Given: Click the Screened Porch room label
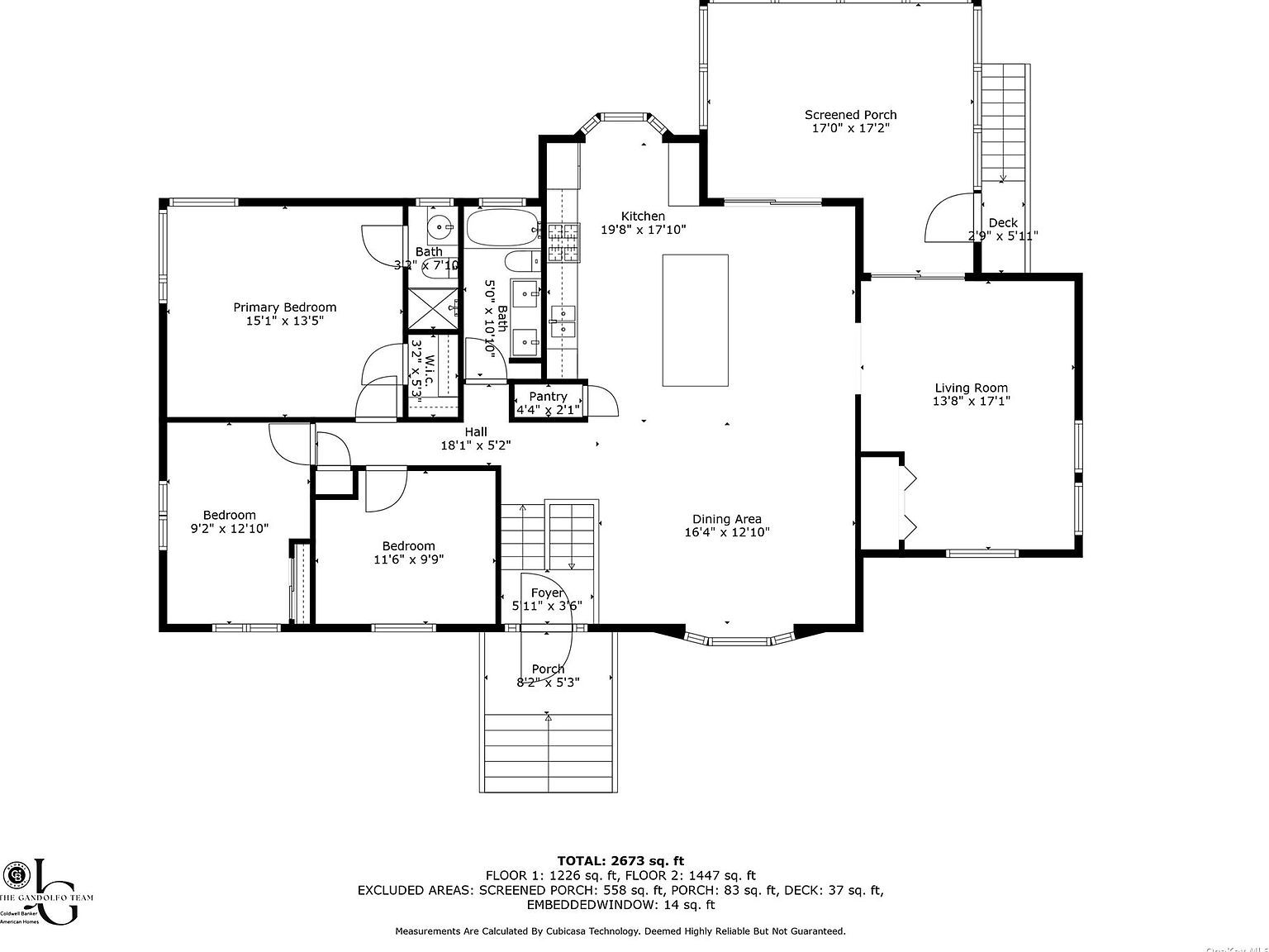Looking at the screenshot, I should pyautogui.click(x=850, y=115).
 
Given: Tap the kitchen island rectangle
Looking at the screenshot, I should pyautogui.click(x=695, y=320).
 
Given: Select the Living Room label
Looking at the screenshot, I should pyautogui.click(x=971, y=388).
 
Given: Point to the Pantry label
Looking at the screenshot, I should pyautogui.click(x=548, y=397).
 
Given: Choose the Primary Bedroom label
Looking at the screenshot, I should pyautogui.click(x=284, y=307).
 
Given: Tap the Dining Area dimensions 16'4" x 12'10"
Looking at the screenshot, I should pyautogui.click(x=726, y=533).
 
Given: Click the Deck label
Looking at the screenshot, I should pyautogui.click(x=1002, y=222).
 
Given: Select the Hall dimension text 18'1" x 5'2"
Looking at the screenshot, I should pyautogui.click(x=475, y=445).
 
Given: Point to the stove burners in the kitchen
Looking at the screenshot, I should pyautogui.click(x=562, y=242).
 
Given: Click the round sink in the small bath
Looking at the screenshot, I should pyautogui.click(x=440, y=224).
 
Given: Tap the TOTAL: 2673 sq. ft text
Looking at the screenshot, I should pyautogui.click(x=620, y=861).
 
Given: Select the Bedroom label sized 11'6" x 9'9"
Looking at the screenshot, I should pyautogui.click(x=408, y=545).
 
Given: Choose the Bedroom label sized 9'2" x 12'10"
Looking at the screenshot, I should pyautogui.click(x=229, y=515).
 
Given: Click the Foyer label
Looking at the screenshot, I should pyautogui.click(x=547, y=593).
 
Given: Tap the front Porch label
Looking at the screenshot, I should pyautogui.click(x=548, y=669).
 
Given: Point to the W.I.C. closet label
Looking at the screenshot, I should pyautogui.click(x=429, y=364).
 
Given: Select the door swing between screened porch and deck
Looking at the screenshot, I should pyautogui.click(x=949, y=217).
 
